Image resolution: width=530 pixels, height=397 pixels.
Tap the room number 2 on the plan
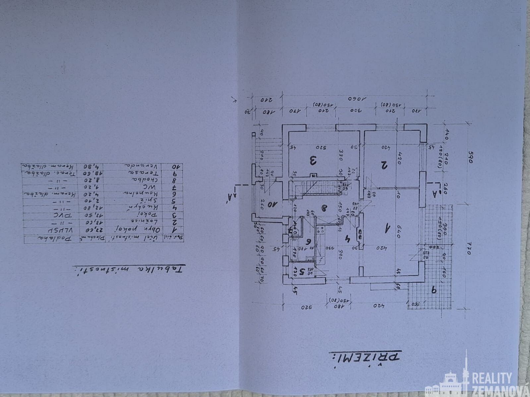click(x=383, y=165)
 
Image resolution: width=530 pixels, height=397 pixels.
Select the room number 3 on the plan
click(x=313, y=161)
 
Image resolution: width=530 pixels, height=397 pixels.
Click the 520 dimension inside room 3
click(x=321, y=147)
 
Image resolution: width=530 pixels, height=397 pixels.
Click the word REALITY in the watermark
click(x=492, y=378)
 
